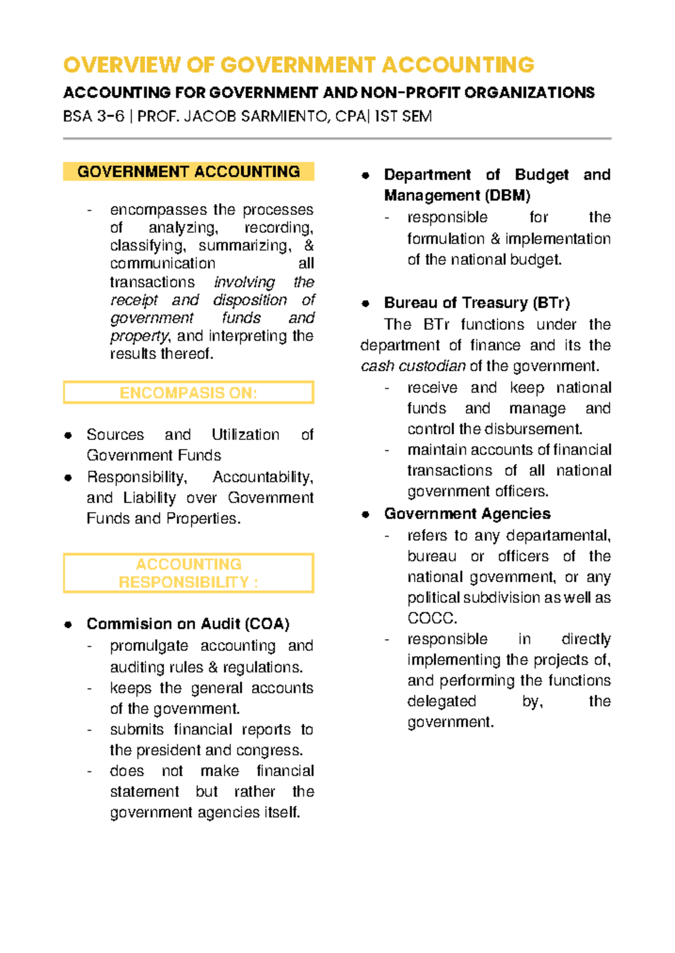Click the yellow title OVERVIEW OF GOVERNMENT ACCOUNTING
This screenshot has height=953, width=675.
[x=298, y=65]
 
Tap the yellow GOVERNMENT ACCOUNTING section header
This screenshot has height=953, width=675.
[x=188, y=172]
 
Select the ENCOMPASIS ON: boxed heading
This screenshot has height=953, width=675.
[x=188, y=393]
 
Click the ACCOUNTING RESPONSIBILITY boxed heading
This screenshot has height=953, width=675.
[x=188, y=573]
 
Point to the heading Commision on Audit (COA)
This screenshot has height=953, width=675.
[x=188, y=624]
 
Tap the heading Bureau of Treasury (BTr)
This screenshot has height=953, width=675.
[x=476, y=303]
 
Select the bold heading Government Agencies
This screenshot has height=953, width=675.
[x=467, y=514]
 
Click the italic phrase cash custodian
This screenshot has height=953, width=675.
[x=413, y=366]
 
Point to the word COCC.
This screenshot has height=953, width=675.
[x=432, y=618]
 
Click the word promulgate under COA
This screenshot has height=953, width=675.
[x=149, y=646]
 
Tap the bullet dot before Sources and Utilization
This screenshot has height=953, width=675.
[x=68, y=435]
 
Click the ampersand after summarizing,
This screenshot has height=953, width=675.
[x=308, y=246]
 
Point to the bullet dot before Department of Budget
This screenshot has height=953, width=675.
[x=366, y=176]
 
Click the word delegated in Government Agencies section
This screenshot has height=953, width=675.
[x=442, y=702]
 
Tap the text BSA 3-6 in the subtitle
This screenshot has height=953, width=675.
[x=93, y=116]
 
